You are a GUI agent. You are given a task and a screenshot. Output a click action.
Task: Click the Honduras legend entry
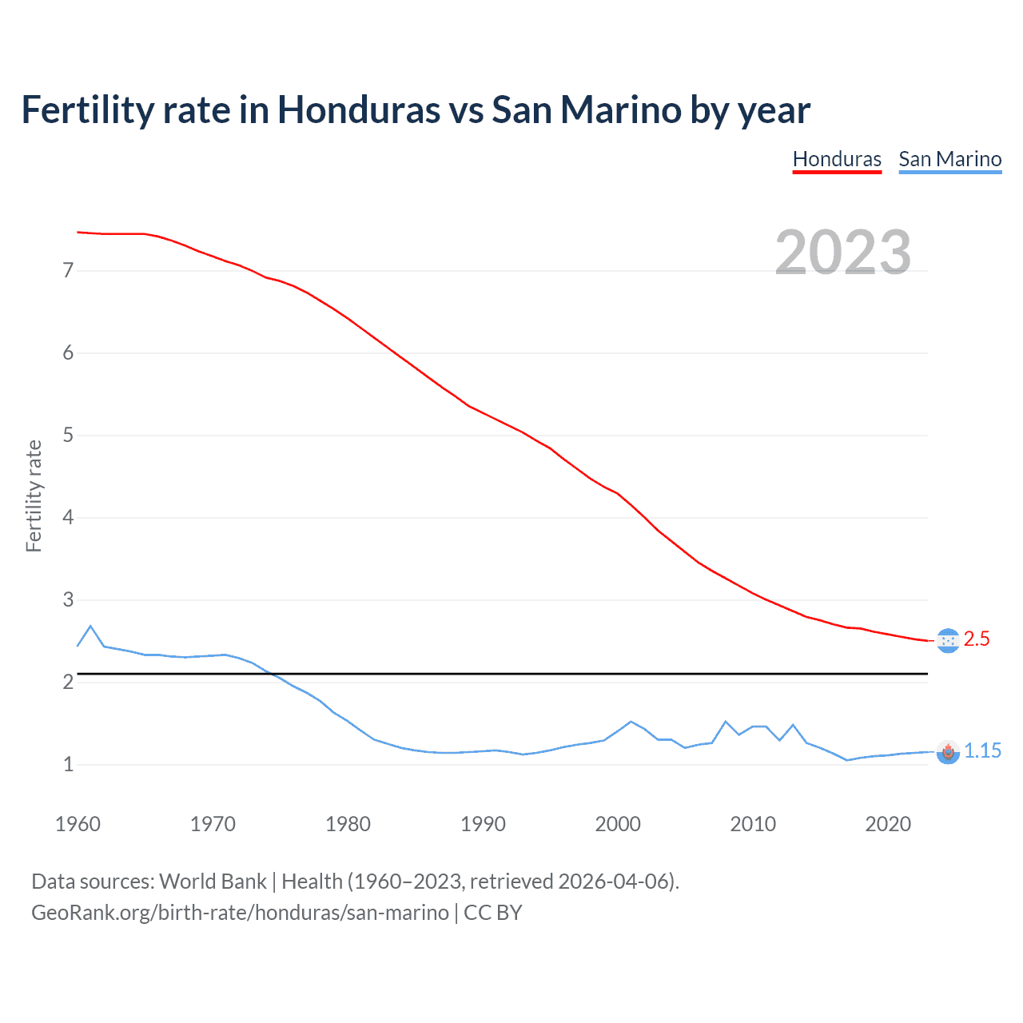(x=837, y=159)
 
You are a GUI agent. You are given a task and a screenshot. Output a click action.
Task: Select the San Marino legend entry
(x=949, y=159)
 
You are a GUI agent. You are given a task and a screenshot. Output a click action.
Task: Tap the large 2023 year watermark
(x=843, y=253)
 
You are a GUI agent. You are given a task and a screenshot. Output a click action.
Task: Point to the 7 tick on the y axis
(x=68, y=271)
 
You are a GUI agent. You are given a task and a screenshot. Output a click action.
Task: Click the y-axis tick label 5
(x=68, y=436)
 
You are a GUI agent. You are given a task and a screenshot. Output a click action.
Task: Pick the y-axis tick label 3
(x=68, y=600)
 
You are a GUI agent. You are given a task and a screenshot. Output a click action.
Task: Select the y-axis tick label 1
(x=68, y=765)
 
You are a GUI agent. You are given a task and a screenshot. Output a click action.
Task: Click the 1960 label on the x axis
(x=78, y=824)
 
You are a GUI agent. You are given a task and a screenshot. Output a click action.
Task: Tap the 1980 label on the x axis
(x=348, y=824)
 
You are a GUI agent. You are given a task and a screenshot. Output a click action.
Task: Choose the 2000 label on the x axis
(x=618, y=824)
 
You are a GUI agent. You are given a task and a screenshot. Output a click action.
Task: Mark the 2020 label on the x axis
(x=888, y=824)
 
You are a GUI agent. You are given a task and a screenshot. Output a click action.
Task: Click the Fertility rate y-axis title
(x=34, y=496)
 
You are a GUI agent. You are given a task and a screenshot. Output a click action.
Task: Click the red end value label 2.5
(x=977, y=639)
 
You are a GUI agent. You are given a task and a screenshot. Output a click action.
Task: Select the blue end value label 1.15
(x=982, y=751)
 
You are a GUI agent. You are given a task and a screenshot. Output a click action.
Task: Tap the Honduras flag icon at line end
(x=948, y=641)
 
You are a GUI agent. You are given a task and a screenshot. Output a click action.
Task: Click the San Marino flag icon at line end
(x=948, y=752)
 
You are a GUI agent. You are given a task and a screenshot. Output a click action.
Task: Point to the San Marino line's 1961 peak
(x=90, y=626)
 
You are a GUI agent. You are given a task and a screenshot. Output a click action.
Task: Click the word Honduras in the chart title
(x=358, y=109)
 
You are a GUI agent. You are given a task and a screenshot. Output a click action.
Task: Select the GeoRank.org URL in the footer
(x=240, y=913)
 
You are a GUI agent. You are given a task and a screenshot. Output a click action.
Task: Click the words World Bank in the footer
(x=213, y=882)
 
